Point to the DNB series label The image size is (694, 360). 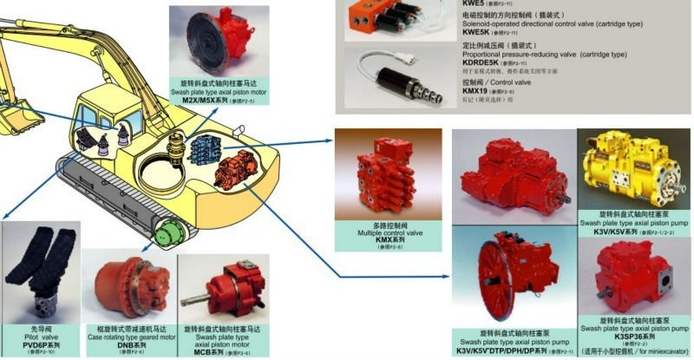point(130,344)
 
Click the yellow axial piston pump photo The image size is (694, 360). point(634,168)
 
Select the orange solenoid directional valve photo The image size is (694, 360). point(385,18)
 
